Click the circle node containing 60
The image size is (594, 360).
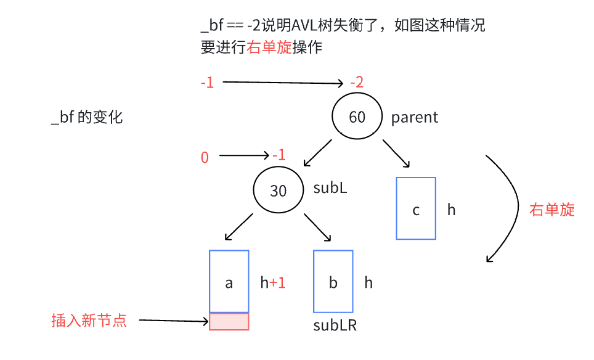pos(357,117)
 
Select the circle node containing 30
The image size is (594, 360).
pos(278,190)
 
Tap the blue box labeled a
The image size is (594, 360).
pos(229,281)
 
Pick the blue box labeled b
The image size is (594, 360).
pos(333,281)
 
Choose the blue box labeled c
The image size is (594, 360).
pos(416,208)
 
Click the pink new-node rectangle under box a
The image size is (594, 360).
pos(229,321)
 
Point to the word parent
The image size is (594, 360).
pos(415,117)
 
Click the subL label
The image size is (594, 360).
pos(330,188)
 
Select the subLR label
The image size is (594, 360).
pos(335,325)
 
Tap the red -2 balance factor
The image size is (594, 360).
pos(357,83)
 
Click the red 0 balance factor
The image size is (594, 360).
pos(205,158)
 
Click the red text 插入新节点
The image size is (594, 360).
pos(89,321)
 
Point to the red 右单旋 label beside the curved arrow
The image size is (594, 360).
pos(552,210)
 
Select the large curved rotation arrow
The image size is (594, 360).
pos(515,207)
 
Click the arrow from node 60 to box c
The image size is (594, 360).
pos(396,153)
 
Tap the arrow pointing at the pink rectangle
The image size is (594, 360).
pos(174,321)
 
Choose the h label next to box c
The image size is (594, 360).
pos(452,210)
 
